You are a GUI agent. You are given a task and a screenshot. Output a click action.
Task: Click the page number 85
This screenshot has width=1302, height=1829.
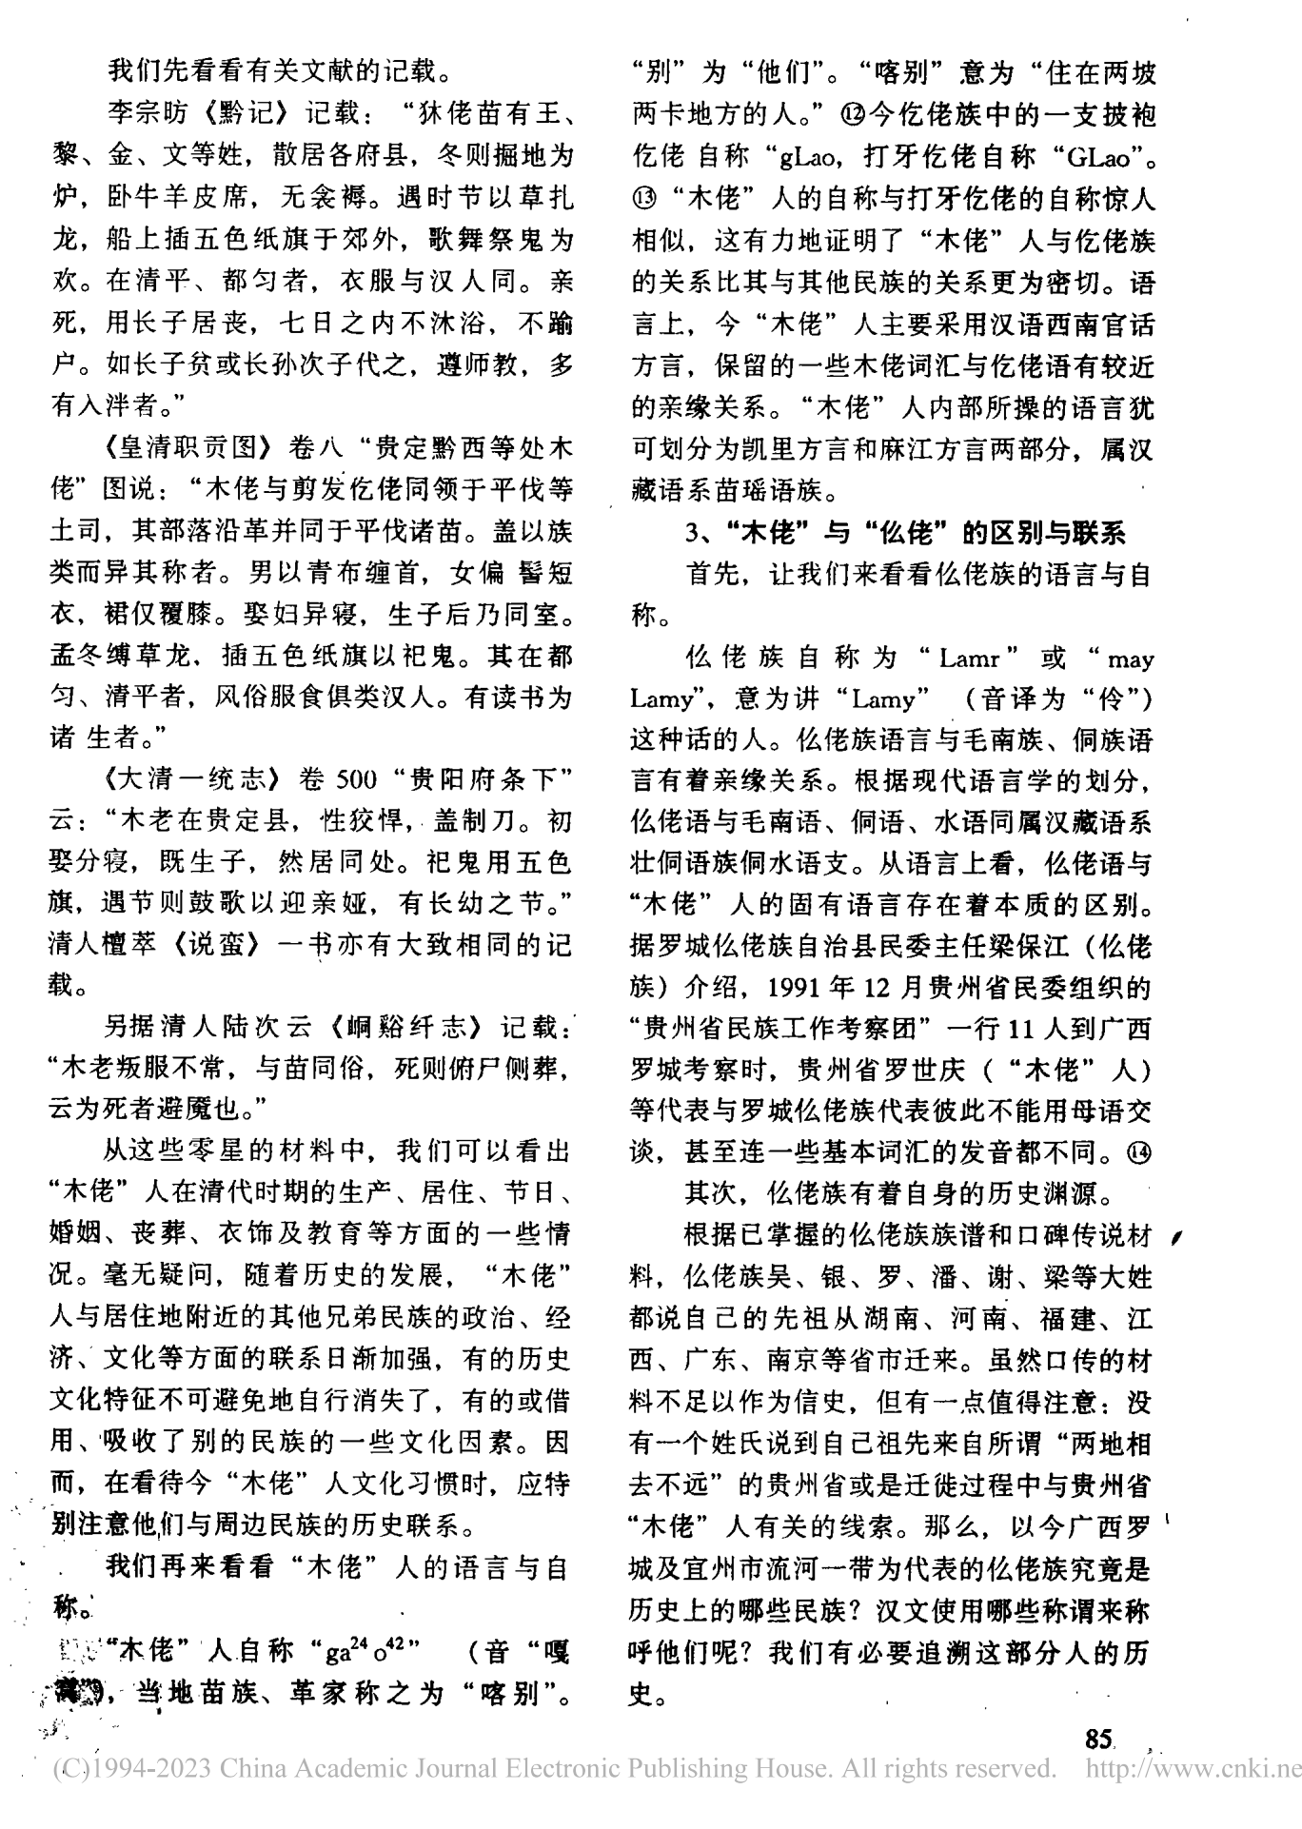(x=1098, y=1740)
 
